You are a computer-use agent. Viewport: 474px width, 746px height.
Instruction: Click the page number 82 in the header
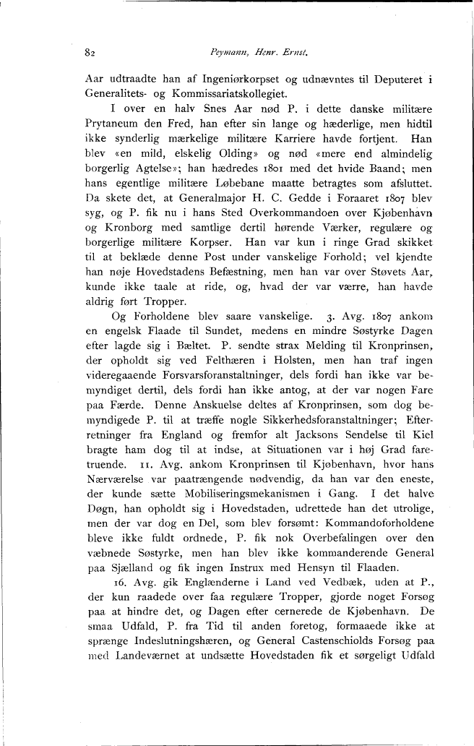point(90,53)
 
